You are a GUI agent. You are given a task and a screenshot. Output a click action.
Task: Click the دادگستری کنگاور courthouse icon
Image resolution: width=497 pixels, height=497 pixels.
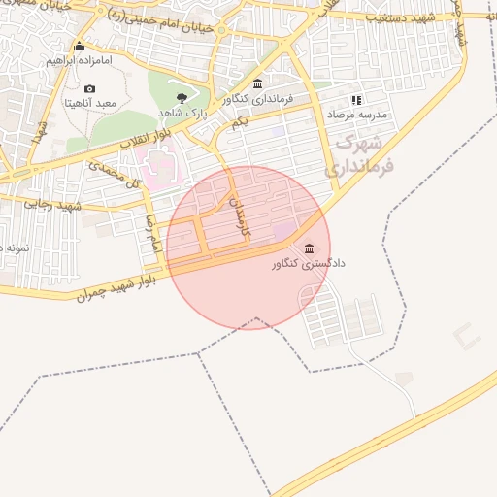pos(310,248)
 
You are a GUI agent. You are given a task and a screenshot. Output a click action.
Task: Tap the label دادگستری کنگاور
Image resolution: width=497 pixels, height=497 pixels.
pos(310,263)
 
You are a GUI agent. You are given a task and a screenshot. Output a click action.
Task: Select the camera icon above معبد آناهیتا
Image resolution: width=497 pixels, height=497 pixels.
pos(90,88)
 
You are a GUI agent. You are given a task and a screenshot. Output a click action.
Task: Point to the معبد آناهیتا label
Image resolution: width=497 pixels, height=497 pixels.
pos(90,102)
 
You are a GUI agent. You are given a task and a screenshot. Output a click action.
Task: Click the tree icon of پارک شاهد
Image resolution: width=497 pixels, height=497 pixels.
pos(182,97)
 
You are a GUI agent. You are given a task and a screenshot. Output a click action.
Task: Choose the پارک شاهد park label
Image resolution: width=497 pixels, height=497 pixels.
pos(179,112)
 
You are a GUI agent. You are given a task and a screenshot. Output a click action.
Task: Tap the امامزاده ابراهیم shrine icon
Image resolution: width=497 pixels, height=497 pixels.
pos(78,47)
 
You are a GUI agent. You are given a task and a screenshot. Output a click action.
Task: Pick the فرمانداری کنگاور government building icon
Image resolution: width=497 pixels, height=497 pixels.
pos(257,84)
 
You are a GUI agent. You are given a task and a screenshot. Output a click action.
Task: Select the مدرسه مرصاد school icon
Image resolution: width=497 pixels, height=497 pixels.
pos(356,100)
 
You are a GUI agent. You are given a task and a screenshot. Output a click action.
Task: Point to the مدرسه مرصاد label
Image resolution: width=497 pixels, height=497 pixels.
pos(355,114)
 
